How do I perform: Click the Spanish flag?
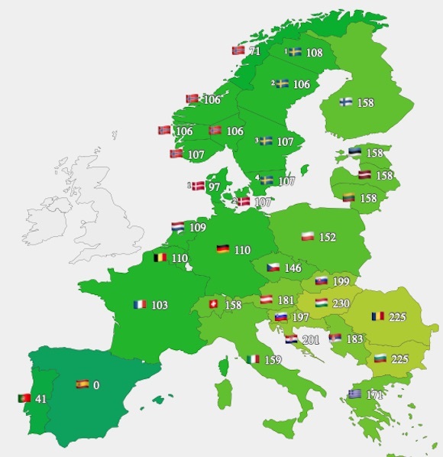coord(82,384)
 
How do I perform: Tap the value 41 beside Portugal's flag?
coord(40,398)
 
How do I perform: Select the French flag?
coord(139,304)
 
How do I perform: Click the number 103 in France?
coord(160,305)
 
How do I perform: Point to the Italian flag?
coord(254,359)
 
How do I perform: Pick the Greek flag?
coord(354,394)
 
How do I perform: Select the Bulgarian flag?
coord(380,358)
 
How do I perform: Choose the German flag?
coord(223,249)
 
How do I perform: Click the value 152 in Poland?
coord(328,237)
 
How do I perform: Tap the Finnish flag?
coord(346,102)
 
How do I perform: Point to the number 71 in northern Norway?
coord(255,50)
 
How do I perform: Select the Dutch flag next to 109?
coord(177,227)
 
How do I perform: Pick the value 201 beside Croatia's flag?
coord(312,339)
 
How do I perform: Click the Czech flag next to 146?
coord(273,268)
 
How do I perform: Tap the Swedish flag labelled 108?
coord(294,53)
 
